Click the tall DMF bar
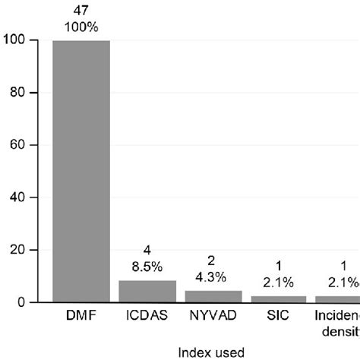point(81,171)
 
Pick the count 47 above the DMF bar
point(81,10)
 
